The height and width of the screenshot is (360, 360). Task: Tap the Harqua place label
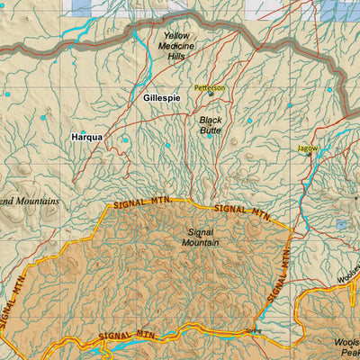(x=86, y=138)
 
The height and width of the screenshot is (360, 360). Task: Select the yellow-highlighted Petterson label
(x=211, y=88)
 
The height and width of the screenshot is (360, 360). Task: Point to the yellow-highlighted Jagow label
(x=307, y=147)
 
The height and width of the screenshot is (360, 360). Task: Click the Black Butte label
(x=211, y=124)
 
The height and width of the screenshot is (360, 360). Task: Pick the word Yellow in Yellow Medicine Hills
(x=176, y=36)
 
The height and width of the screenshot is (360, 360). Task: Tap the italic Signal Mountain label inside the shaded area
(x=198, y=237)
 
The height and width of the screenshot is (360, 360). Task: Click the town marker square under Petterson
(x=211, y=94)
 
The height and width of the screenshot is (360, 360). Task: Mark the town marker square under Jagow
(x=308, y=154)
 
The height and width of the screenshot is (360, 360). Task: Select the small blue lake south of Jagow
(x=341, y=225)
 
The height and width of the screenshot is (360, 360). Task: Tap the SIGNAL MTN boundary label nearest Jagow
(x=241, y=213)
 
